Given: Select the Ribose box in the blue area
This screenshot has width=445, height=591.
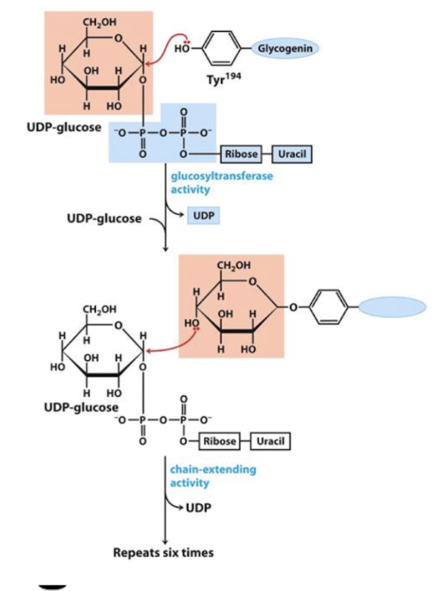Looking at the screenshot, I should point(241,154).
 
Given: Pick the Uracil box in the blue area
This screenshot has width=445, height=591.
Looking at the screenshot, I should point(292,154).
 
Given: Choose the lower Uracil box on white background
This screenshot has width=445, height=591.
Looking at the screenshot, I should point(270,441).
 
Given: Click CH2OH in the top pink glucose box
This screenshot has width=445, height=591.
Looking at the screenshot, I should point(93,25).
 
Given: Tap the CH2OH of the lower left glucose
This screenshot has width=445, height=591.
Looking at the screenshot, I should point(99,310).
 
